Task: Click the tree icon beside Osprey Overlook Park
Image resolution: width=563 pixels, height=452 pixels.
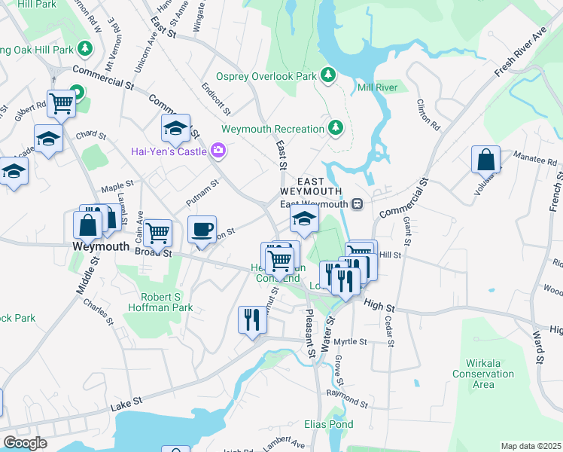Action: (x=328, y=75)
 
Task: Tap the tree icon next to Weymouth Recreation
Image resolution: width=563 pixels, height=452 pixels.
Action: (x=336, y=129)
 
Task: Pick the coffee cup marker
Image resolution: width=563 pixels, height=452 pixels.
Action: (x=202, y=230)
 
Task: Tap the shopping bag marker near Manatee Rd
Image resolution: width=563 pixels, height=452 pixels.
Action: (x=485, y=160)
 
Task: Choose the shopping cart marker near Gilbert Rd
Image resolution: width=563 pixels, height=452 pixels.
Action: (x=60, y=104)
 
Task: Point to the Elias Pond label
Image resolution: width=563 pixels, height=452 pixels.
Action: (x=329, y=425)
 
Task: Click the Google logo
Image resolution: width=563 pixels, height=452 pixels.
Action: (x=25, y=443)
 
